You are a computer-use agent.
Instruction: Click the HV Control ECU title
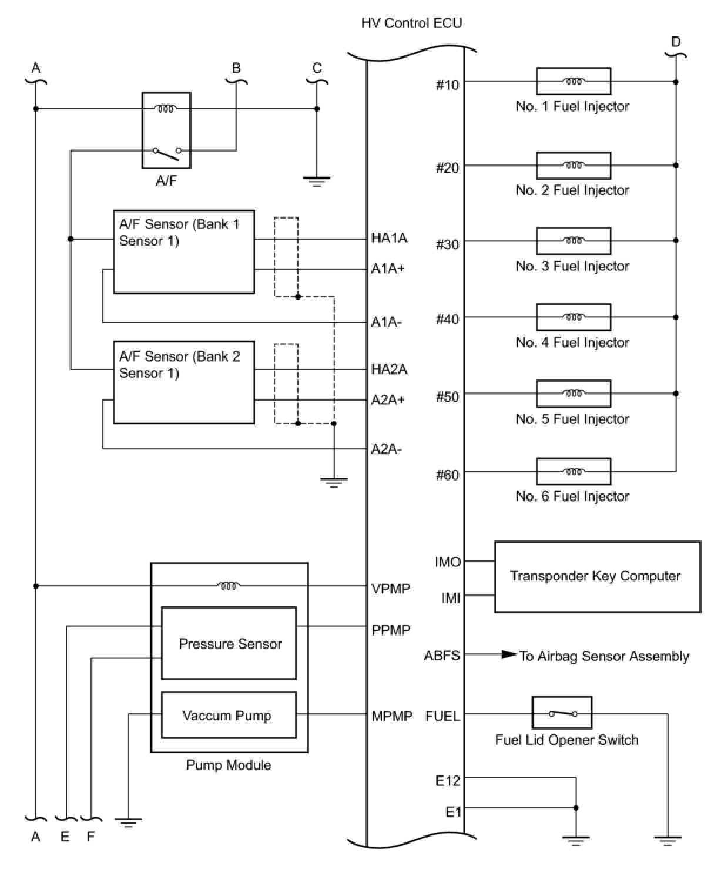411,23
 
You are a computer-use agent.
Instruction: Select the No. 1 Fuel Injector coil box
573,82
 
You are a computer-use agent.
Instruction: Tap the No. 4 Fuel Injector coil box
573,317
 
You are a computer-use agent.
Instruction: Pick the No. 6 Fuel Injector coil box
573,471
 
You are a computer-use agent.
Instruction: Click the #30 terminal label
447,244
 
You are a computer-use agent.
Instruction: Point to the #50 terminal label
447,397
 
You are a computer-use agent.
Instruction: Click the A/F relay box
166,130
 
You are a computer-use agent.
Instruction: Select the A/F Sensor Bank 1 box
183,251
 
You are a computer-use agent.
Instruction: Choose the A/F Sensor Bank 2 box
183,382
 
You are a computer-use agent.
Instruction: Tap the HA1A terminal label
389,238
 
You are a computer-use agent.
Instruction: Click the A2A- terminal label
387,449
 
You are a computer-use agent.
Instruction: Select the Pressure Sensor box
229,643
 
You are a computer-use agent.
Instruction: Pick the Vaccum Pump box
229,715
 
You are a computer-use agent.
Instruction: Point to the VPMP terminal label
391,589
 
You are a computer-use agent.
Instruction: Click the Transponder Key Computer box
597,576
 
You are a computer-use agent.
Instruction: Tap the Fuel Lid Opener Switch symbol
562,713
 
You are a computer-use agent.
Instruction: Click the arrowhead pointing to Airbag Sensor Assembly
508,654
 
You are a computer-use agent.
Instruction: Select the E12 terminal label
448,781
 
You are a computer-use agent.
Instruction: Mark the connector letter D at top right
676,42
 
